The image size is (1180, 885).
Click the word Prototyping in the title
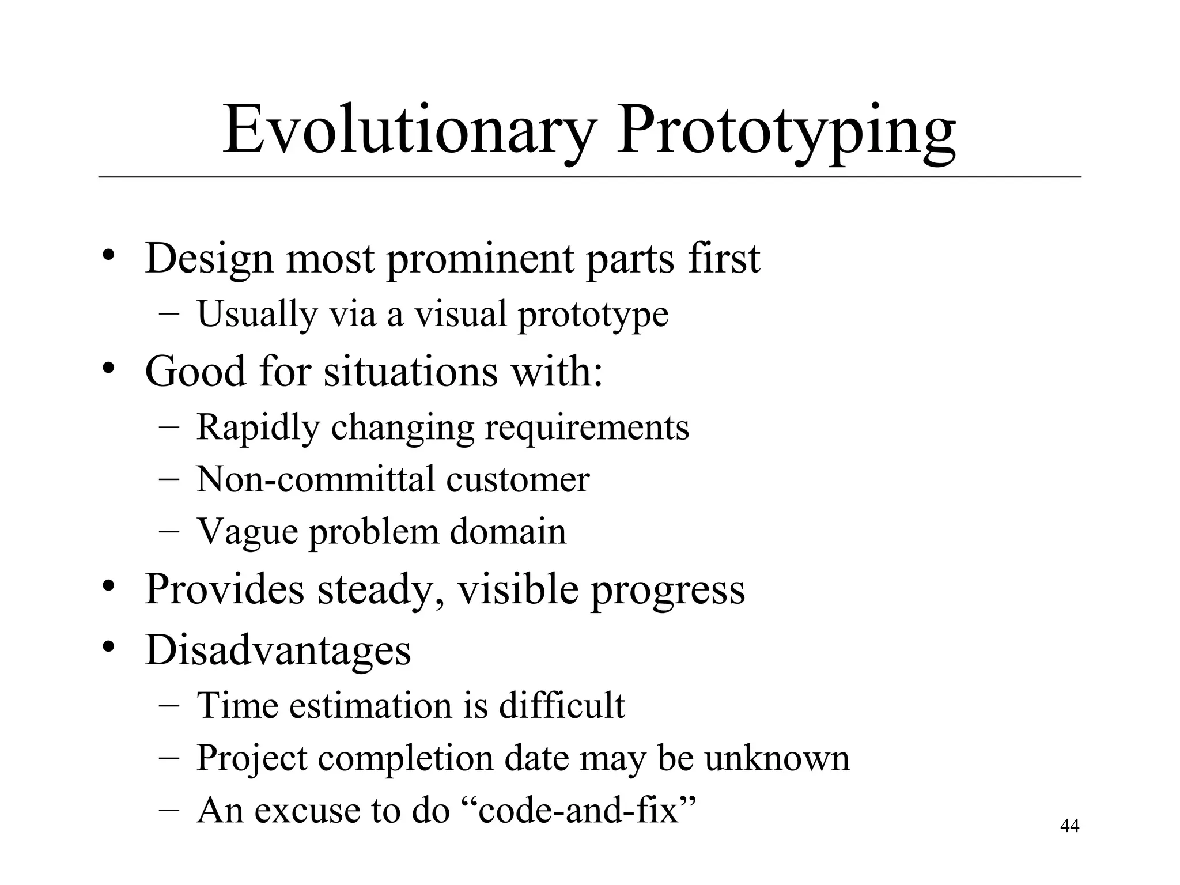(x=786, y=131)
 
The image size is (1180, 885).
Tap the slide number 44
(x=1069, y=826)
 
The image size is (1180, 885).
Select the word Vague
(x=248, y=532)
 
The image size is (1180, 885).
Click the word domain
(x=508, y=531)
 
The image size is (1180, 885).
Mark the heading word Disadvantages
(x=278, y=650)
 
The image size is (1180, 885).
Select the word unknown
(x=777, y=758)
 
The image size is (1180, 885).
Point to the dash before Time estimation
(x=169, y=705)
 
